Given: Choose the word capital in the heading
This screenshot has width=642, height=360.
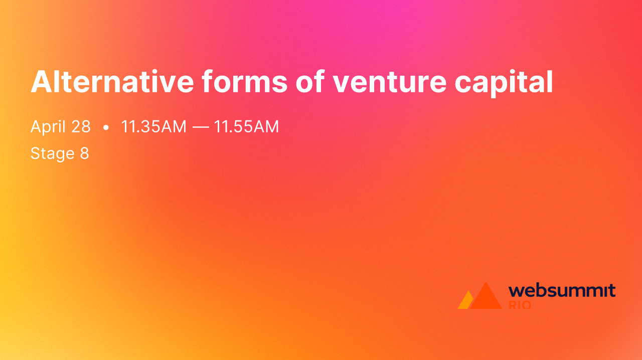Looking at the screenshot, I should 504,82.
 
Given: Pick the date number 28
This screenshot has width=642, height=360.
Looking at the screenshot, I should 81,127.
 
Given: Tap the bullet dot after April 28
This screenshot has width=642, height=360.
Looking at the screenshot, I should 105,128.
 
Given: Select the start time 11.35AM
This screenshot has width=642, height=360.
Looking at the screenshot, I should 153,127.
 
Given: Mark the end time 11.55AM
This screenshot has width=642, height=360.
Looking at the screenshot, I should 246,127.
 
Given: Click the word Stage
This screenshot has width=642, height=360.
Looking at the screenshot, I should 52,153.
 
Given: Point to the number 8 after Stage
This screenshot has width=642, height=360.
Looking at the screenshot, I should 84,153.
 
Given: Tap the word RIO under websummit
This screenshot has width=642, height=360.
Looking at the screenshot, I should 520,305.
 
